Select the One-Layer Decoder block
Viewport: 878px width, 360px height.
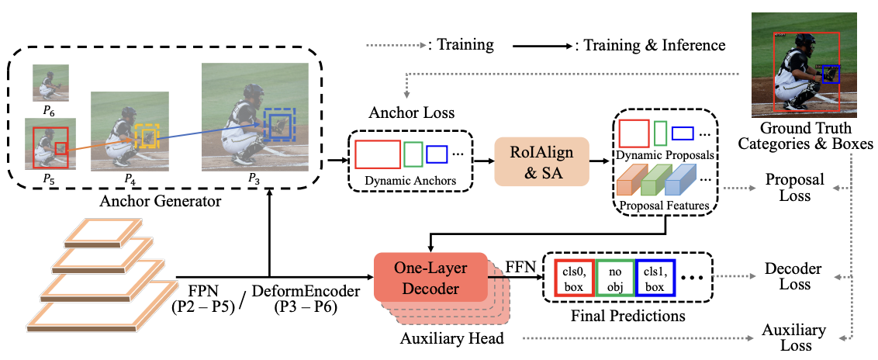(430, 277)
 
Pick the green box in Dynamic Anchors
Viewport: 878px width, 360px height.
(413, 154)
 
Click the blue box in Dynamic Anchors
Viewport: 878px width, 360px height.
(437, 154)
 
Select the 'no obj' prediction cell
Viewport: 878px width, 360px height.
(614, 277)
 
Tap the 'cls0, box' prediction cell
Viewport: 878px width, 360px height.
(574, 277)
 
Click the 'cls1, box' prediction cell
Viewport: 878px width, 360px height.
(655, 277)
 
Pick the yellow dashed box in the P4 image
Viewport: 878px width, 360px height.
(146, 137)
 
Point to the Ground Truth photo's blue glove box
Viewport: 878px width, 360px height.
(831, 74)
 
